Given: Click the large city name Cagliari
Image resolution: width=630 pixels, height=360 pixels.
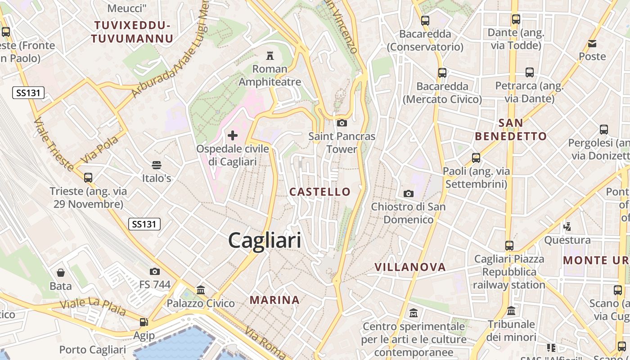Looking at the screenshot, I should tap(265, 240).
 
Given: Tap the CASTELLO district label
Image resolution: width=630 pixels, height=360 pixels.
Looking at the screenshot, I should tap(319, 192).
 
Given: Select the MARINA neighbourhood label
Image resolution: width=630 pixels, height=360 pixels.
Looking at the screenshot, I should tap(274, 300).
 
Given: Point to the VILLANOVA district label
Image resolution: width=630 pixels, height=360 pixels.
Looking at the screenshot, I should tap(410, 267).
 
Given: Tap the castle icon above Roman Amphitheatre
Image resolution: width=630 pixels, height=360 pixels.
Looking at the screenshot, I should tap(270, 56).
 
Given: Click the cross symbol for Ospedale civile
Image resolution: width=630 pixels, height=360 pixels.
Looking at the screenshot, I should tap(233, 135).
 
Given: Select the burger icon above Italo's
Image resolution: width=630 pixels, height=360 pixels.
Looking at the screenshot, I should tap(157, 165).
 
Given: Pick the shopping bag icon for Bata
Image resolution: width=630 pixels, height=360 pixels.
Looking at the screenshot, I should tap(60, 273).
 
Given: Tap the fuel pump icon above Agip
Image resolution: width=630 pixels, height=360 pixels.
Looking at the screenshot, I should tap(144, 322).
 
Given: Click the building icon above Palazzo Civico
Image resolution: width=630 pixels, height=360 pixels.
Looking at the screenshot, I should tap(201, 290).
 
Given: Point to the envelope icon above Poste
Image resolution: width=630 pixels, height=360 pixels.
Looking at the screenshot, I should tap(592, 44).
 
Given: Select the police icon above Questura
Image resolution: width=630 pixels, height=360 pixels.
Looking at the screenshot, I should tap(567, 226).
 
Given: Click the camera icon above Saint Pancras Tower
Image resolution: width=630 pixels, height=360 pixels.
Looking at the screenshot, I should tap(342, 123).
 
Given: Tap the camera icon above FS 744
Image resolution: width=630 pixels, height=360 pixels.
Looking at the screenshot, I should tap(154, 271).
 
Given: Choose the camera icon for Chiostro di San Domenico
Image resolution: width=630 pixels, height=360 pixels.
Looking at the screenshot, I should tap(408, 193).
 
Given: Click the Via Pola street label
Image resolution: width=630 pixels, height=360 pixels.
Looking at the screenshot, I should tap(100, 150).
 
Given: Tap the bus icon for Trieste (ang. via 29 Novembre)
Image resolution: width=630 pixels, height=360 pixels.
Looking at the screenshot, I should tap(88, 177).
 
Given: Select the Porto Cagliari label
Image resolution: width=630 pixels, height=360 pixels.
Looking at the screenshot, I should tap(92, 350).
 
